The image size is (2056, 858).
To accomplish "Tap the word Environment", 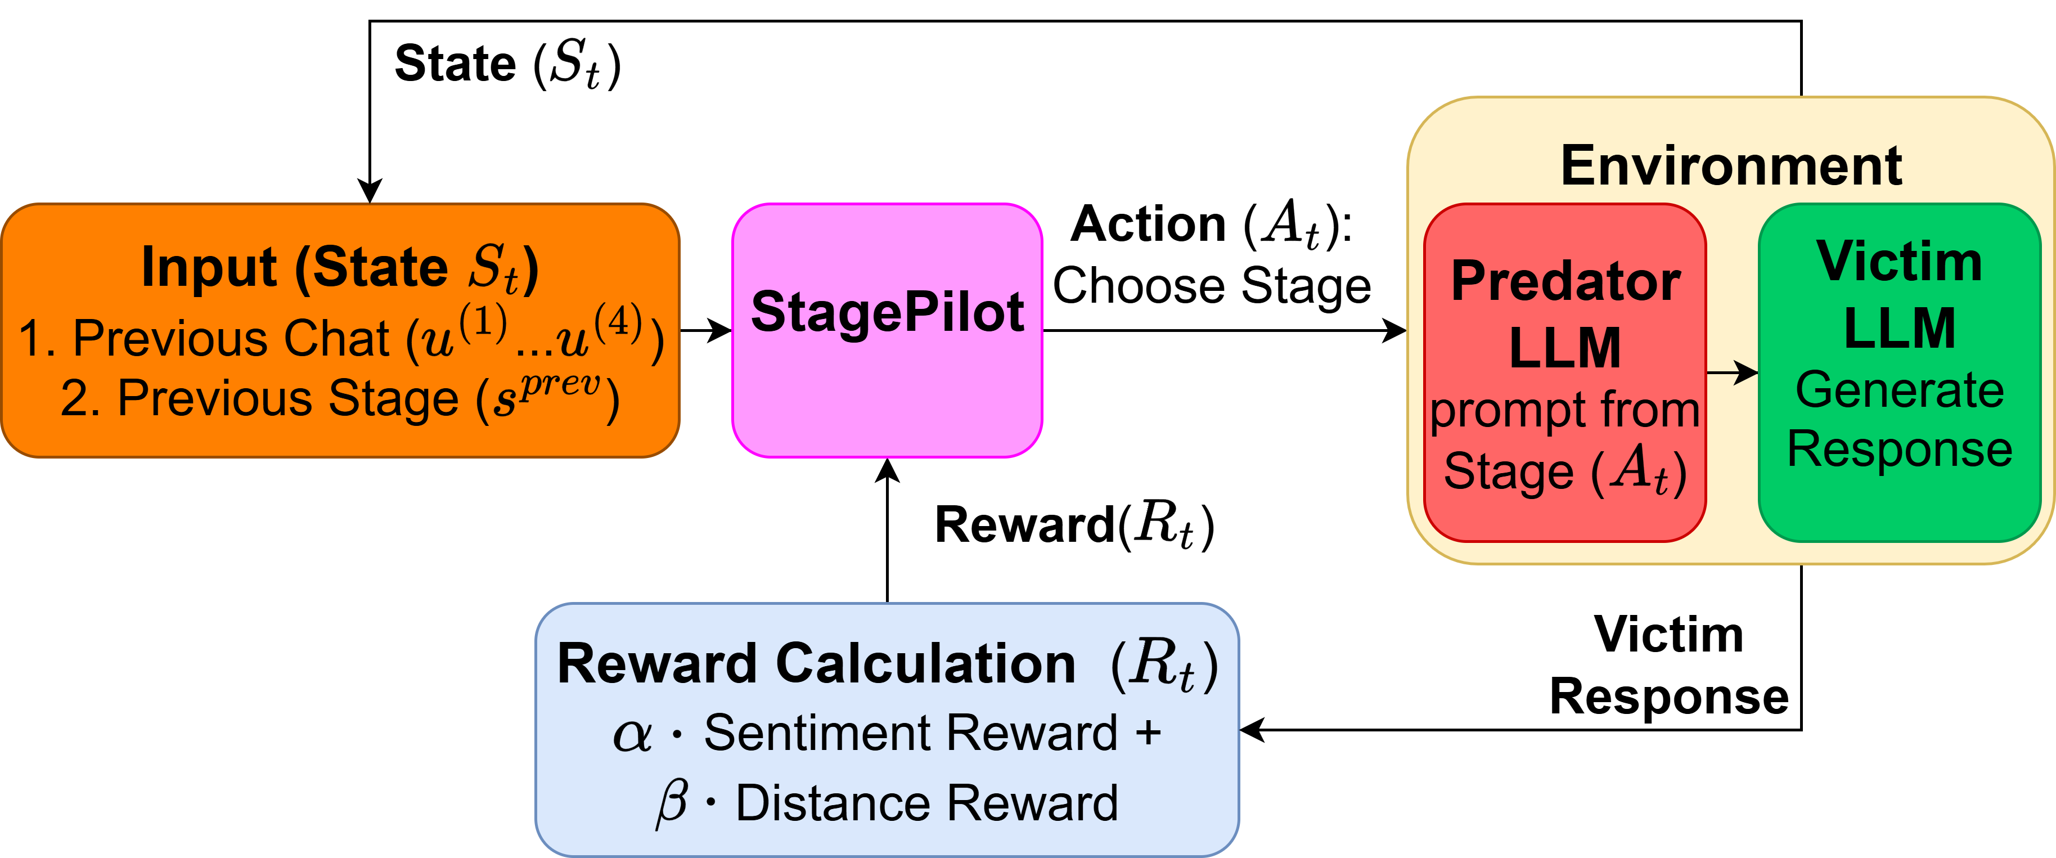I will pos(1730,166).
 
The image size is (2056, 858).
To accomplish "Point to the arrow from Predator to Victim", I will pos(1732,372).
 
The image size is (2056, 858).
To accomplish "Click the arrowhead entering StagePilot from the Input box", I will pos(722,330).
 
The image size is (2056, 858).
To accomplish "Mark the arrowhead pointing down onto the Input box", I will pos(370,191).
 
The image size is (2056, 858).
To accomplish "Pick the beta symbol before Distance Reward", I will pos(671,802).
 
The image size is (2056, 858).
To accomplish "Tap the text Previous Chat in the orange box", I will pos(231,338).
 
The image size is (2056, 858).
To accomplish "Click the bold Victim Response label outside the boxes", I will pos(1668,666).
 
